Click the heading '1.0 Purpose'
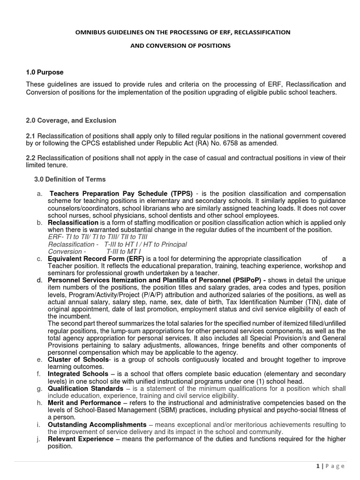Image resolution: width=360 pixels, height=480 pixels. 45,72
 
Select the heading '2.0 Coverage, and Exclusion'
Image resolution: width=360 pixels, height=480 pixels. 71,120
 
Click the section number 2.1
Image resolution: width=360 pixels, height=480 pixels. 30,135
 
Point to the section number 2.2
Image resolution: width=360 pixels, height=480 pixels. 30,158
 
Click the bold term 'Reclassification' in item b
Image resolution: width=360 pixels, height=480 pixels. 73,222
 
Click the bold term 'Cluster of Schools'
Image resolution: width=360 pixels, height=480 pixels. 78,359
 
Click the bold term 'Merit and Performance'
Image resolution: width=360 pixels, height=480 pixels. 84,403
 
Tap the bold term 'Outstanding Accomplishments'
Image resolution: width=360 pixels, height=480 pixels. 94,424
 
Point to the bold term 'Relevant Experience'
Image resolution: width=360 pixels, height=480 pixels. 81,439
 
